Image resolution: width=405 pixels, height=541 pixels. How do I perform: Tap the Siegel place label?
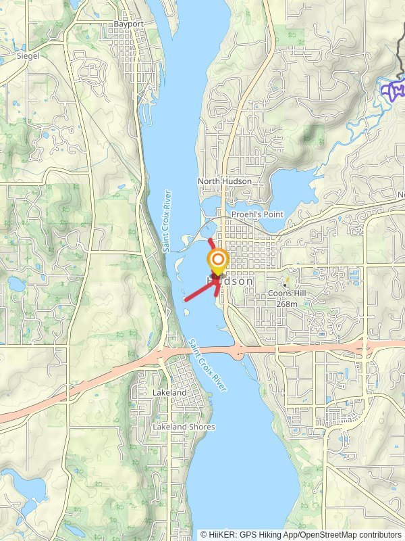click(x=28, y=56)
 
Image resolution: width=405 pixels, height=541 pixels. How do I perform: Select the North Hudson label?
click(x=224, y=181)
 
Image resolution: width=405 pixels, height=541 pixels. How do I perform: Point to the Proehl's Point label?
click(x=257, y=214)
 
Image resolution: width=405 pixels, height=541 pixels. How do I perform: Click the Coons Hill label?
click(x=287, y=293)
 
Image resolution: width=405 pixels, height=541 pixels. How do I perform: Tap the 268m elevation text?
click(x=287, y=304)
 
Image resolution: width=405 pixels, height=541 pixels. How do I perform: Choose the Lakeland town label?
click(x=169, y=392)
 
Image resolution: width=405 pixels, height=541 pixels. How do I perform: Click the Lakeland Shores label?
click(x=184, y=427)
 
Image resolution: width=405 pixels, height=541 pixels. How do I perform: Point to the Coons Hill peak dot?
click(x=286, y=285)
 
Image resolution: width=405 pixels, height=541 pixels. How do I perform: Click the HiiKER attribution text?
click(x=301, y=534)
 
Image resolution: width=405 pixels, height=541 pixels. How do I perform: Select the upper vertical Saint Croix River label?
click(x=167, y=222)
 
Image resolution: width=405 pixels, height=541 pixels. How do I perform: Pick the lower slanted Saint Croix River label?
click(x=208, y=364)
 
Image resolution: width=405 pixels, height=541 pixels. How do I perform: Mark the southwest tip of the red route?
click(x=185, y=299)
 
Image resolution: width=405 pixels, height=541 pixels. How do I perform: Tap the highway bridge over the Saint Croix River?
click(x=202, y=350)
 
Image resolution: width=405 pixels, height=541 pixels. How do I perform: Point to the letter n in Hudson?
click(x=250, y=281)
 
